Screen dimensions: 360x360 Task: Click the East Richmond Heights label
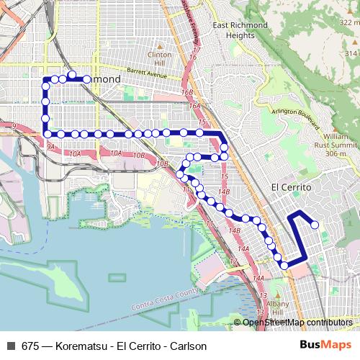point(240,30)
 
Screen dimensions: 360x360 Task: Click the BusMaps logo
point(329,346)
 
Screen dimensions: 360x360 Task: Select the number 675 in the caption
point(27,346)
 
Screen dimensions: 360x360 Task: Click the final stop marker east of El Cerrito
point(315,224)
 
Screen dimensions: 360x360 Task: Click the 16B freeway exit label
point(188,93)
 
